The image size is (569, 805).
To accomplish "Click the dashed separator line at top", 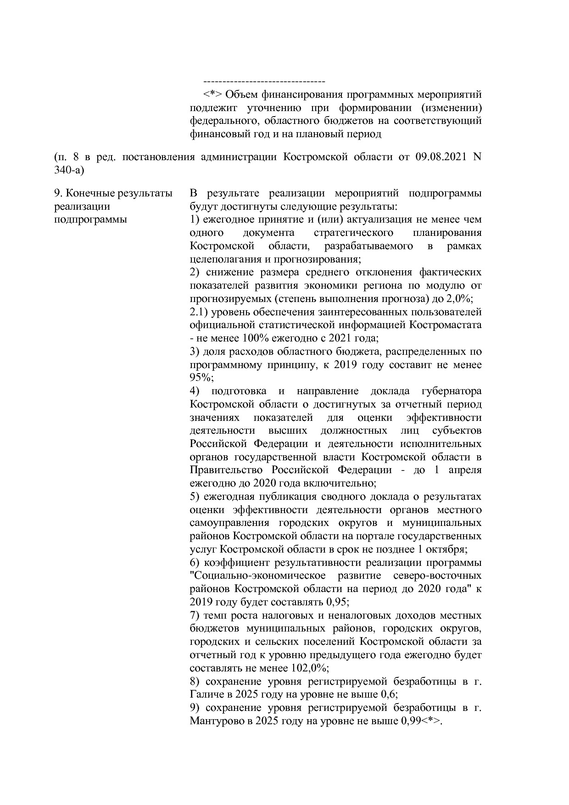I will (x=264, y=82).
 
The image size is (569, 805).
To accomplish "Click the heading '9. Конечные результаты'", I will (x=113, y=193).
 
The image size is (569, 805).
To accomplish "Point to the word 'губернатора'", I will (x=451, y=391).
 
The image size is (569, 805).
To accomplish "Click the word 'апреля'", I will (x=465, y=470).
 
